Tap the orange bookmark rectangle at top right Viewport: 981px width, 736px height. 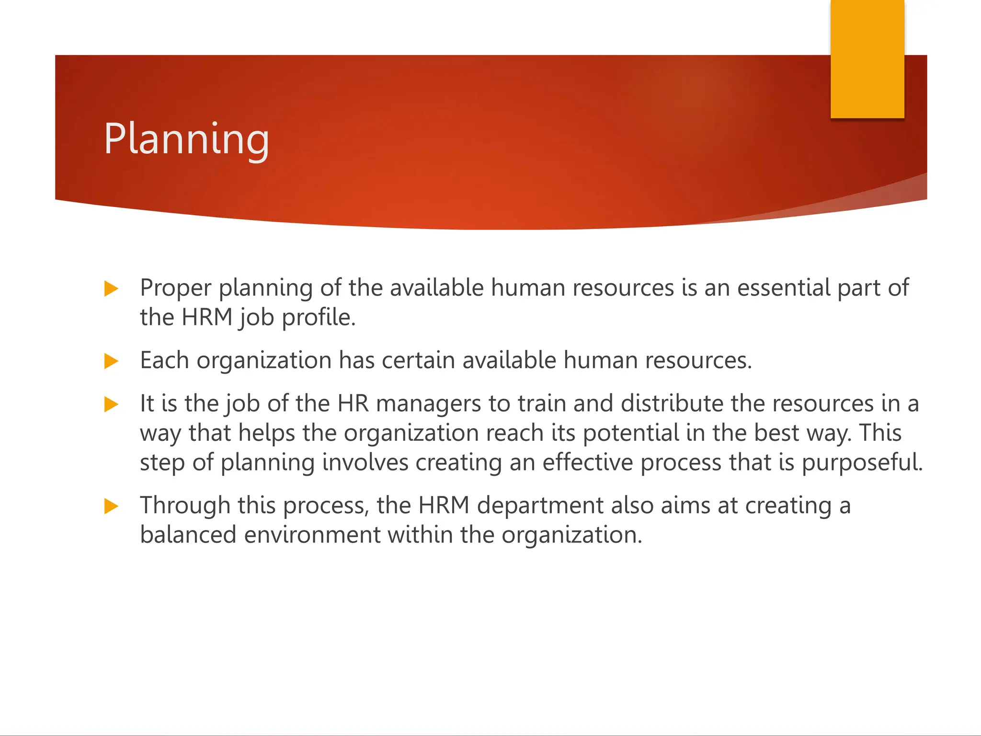click(x=867, y=58)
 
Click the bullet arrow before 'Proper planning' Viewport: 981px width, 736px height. click(x=111, y=289)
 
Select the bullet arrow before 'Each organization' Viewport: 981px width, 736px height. click(x=111, y=361)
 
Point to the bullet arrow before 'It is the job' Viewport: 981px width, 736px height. click(x=111, y=404)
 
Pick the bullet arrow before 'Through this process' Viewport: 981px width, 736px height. click(x=111, y=506)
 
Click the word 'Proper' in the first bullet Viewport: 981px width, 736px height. click(x=175, y=288)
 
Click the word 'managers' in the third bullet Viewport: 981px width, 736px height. click(x=428, y=404)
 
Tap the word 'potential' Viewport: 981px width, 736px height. click(x=631, y=433)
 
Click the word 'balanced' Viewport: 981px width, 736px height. click(x=188, y=535)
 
